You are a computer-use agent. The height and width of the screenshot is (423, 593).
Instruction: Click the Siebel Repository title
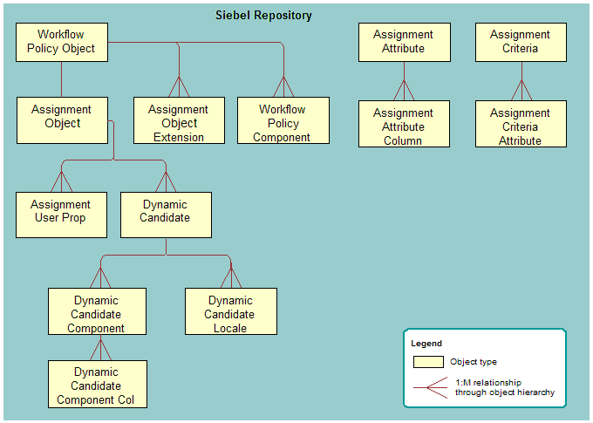[x=263, y=16]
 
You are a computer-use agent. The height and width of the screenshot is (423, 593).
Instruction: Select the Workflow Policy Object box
[x=61, y=42]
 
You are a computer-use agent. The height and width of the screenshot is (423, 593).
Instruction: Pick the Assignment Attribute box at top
[x=404, y=42]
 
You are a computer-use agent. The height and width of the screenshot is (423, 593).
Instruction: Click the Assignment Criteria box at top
[x=521, y=42]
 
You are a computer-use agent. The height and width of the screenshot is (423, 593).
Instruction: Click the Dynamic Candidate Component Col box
[x=97, y=384]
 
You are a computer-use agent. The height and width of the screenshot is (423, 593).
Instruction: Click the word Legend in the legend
[x=426, y=344]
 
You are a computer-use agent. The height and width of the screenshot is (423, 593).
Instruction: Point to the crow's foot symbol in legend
[x=427, y=387]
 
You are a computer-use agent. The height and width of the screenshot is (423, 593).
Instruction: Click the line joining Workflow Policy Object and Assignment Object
[x=61, y=79]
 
